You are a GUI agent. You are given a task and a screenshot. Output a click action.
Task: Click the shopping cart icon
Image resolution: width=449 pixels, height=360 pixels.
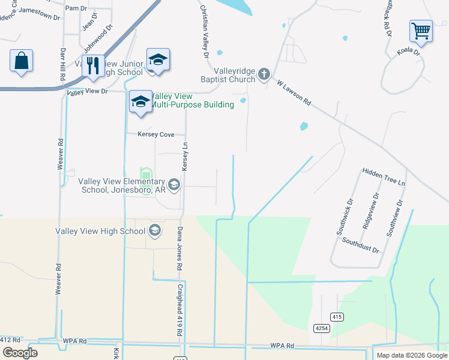tap(421, 31)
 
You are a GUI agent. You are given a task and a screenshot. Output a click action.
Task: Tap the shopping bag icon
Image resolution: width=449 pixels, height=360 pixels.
tap(21, 61)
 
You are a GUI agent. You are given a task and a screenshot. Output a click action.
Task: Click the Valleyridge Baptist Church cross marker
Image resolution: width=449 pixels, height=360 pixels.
tap(264, 75)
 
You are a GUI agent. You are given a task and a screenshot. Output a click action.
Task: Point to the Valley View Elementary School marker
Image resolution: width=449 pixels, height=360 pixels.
tap(174, 184)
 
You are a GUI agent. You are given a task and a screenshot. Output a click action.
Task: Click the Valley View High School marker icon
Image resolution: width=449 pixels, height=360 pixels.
tap(154, 230)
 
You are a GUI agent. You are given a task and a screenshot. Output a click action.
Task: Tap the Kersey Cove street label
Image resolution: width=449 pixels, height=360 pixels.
tap(155, 134)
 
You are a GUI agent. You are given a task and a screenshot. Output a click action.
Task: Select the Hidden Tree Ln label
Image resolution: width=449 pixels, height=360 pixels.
tap(384, 176)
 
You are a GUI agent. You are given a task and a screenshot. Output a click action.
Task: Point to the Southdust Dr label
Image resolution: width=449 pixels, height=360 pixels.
tap(361, 245)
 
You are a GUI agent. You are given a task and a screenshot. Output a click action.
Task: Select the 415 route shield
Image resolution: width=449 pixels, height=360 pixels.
tap(337, 316)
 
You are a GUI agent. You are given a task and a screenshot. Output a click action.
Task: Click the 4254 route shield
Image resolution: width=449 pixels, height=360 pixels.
tap(321, 328)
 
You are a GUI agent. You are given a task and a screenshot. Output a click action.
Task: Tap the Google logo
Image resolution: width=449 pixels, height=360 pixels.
tap(20, 353)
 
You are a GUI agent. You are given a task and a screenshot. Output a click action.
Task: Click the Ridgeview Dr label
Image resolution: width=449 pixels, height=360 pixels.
tap(367, 213)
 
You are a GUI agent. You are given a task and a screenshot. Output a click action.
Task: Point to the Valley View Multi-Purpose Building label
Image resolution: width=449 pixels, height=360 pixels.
tap(191, 101)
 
